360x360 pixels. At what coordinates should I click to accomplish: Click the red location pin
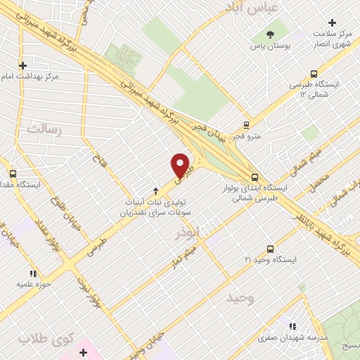point(181,166)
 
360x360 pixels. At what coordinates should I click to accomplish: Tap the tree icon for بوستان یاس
point(271,34)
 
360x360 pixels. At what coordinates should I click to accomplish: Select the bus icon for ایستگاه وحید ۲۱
point(271,249)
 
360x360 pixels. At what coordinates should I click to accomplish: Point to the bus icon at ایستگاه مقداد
point(13,174)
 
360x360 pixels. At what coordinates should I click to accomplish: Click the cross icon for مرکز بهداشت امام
point(23,65)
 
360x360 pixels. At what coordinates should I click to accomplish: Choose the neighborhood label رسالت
point(44,129)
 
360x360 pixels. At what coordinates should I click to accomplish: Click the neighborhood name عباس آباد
point(252,7)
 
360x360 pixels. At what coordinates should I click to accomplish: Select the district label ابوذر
point(188,233)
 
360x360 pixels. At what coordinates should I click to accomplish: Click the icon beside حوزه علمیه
point(32,274)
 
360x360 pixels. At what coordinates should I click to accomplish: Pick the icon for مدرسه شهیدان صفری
point(292,326)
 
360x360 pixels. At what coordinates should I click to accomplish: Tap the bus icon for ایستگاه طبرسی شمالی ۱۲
point(314,73)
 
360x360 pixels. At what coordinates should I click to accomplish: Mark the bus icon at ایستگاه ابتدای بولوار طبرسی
point(255,177)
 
